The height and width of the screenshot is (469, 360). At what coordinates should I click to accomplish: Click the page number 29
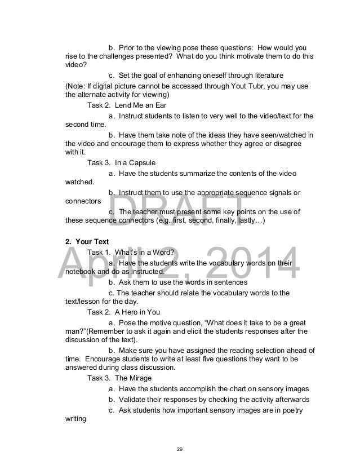pos(180,449)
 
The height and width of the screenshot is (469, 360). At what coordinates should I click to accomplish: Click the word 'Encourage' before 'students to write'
pos(100,359)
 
